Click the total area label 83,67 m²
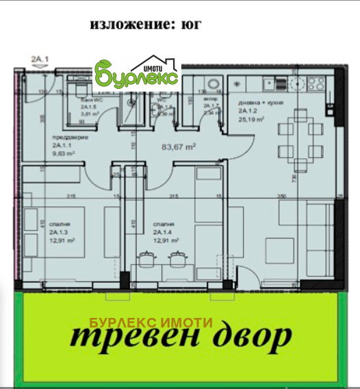[179, 146]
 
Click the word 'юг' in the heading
[190, 26]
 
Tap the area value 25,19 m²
[251, 118]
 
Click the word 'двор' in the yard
[253, 336]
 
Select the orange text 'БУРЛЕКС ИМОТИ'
[151, 322]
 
